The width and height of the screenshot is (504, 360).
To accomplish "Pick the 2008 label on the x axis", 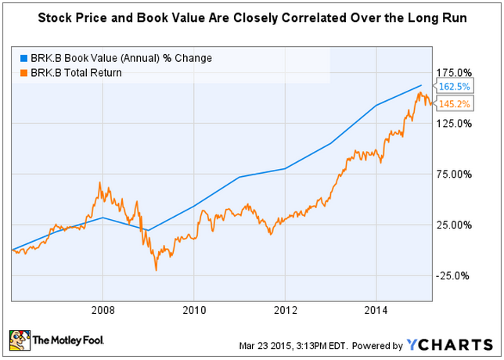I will click(x=103, y=308).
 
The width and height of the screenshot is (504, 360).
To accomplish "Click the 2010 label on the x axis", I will click(x=193, y=308).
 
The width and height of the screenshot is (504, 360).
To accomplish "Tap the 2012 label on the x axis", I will click(x=285, y=308).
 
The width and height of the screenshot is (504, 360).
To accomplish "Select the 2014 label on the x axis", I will click(x=376, y=308).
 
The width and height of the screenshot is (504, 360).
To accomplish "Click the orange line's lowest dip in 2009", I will click(x=156, y=270).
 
